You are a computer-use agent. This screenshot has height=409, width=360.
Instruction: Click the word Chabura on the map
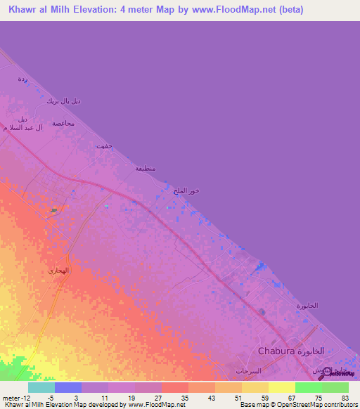point(277,351)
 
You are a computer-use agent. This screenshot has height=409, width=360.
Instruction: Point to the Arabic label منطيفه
point(146,168)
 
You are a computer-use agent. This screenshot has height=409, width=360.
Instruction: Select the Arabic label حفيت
point(104,146)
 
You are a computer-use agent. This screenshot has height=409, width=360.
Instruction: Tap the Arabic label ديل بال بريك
point(63,101)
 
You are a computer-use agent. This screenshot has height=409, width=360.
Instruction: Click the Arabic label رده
point(22,79)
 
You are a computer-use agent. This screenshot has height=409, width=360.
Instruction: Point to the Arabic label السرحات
point(250,370)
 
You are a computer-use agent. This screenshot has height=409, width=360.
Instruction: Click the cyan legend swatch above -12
point(41,387)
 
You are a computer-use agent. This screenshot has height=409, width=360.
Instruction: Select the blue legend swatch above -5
point(68,387)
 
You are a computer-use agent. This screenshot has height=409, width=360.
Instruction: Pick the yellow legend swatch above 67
point(282,387)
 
